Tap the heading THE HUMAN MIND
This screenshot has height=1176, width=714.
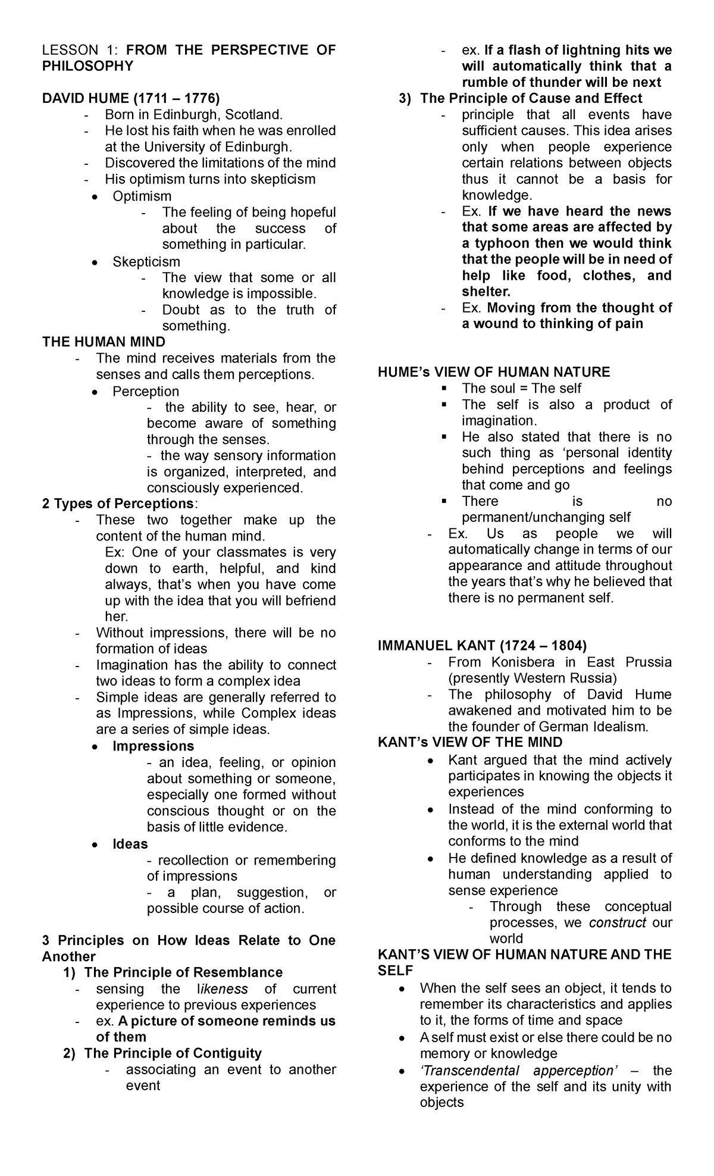pyautogui.click(x=104, y=342)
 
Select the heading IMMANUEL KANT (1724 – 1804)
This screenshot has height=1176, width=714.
pyautogui.click(x=482, y=646)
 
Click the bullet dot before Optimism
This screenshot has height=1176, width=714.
pyautogui.click(x=95, y=196)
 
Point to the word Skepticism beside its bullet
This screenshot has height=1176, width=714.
pyautogui.click(x=146, y=261)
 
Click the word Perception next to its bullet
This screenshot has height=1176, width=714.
pyautogui.click(x=146, y=391)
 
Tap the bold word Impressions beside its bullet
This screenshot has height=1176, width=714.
pyautogui.click(x=153, y=746)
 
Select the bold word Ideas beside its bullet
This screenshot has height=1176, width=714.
pyautogui.click(x=130, y=843)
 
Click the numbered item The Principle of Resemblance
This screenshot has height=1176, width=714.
pyautogui.click(x=183, y=972)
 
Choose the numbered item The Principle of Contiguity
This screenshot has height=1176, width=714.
pyautogui.click(x=173, y=1053)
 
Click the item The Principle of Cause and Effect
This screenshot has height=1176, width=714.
pyautogui.click(x=531, y=98)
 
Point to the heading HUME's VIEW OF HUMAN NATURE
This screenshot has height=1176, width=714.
pyautogui.click(x=494, y=372)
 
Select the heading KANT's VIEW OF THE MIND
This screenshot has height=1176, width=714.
pyautogui.click(x=470, y=742)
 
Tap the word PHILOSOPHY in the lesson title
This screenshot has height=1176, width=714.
pyautogui.click(x=87, y=65)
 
